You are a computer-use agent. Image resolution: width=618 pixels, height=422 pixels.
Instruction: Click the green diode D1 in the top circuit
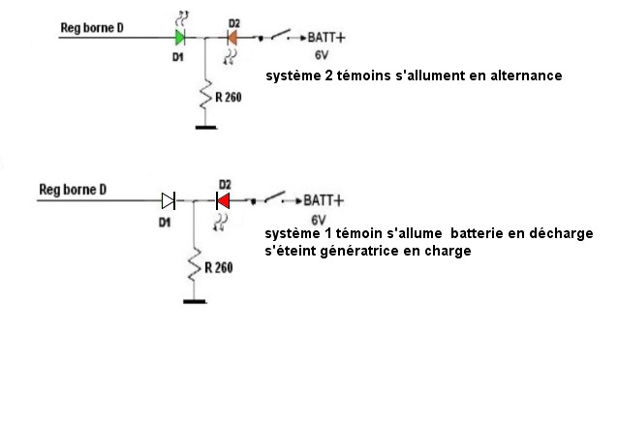(181, 38)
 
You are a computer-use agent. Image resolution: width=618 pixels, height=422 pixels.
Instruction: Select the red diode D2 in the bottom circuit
(223, 200)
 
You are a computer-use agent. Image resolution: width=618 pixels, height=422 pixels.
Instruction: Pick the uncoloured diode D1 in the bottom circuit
(169, 200)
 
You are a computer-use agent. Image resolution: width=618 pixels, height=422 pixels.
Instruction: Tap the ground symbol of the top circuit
(204, 126)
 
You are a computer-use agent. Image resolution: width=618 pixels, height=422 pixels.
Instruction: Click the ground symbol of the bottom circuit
(195, 301)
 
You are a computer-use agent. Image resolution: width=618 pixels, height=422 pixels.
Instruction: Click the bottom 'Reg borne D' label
(71, 189)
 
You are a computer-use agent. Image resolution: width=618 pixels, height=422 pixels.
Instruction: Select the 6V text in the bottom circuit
(321, 219)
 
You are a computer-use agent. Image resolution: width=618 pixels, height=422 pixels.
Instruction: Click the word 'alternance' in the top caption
(524, 75)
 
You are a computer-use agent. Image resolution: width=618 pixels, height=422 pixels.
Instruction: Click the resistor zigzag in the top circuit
(204, 96)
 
